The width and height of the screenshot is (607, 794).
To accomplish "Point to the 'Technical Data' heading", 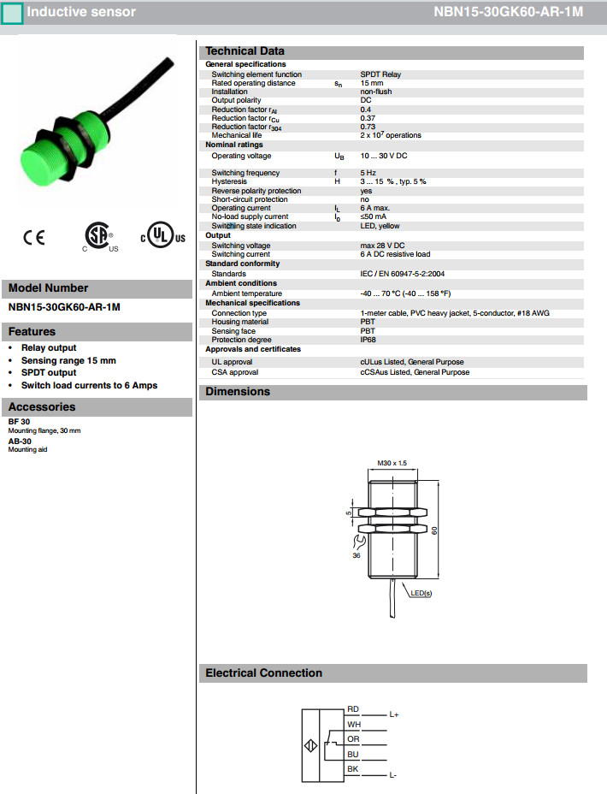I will [245, 51].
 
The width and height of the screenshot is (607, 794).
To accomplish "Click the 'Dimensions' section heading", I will [238, 392].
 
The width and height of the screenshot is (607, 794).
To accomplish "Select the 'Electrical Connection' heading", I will [263, 673].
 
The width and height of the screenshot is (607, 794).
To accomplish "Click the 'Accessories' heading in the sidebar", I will [42, 407].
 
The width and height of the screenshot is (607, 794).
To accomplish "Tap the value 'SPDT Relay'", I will [380, 74].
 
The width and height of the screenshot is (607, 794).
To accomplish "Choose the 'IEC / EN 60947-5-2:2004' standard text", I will [402, 274].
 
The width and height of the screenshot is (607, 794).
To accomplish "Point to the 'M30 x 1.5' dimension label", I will [392, 463].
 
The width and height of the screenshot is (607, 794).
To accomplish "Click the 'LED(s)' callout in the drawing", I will [422, 592].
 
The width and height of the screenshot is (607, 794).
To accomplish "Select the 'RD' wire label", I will [353, 709].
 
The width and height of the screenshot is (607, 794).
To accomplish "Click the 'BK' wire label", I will [353, 769].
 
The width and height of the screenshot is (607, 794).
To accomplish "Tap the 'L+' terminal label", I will [394, 714].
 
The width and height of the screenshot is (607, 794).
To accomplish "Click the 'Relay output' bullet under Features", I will [49, 348].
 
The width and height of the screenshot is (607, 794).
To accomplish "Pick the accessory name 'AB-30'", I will [20, 441].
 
